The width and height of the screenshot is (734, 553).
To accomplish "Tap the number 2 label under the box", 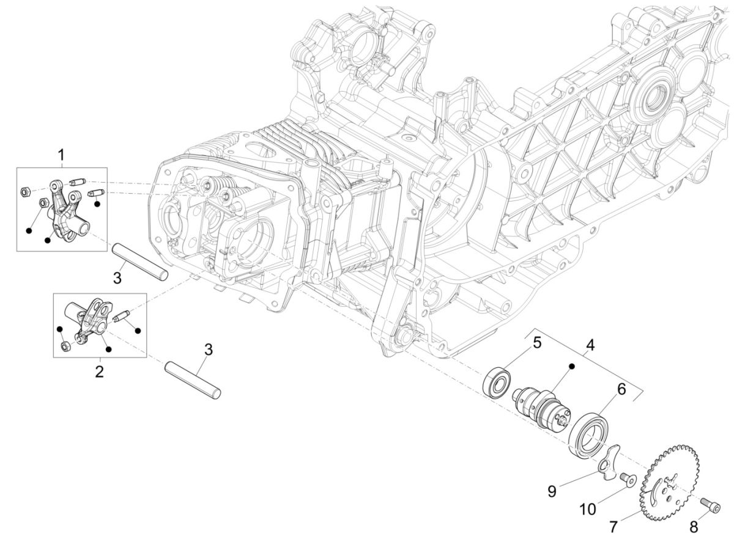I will point(98,371).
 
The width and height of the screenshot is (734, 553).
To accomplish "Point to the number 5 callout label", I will point(537,342).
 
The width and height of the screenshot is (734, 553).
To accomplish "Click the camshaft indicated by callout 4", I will point(538,404).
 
